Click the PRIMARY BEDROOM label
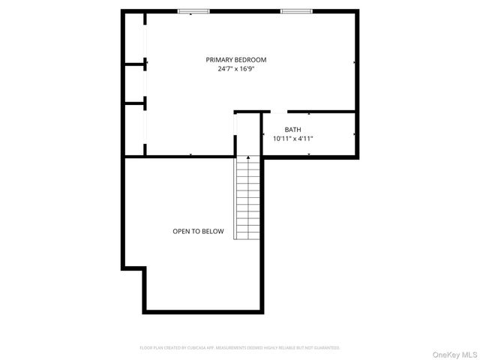pyautogui.click(x=236, y=60)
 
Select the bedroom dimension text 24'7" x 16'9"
pyautogui.click(x=236, y=70)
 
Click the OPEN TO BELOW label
pyautogui.click(x=198, y=232)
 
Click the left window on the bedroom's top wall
pyautogui.click(x=193, y=11)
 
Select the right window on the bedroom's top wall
pyautogui.click(x=295, y=11)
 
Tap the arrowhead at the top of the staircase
pyautogui.click(x=247, y=158)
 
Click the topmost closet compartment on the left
pyautogui.click(x=135, y=37)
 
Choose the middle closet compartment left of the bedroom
pyautogui.click(x=135, y=82)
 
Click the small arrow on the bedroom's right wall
pyautogui.click(x=353, y=63)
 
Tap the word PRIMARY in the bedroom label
pyautogui.click(x=220, y=60)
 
